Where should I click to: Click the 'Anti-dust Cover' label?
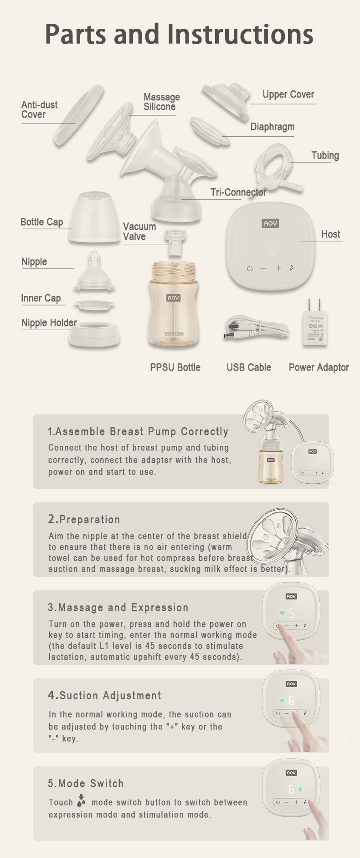click(x=40, y=109)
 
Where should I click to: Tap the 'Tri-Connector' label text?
click(x=238, y=192)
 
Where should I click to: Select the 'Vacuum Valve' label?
click(x=139, y=232)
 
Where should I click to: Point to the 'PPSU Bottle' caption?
click(x=175, y=367)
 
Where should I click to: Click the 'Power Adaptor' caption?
click(x=319, y=367)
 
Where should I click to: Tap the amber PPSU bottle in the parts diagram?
click(x=173, y=304)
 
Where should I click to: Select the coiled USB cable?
click(x=256, y=328)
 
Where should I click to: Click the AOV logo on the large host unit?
click(x=270, y=223)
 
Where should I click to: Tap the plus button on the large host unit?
click(x=278, y=268)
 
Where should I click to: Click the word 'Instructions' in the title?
click(x=240, y=34)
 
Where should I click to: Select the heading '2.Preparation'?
click(x=84, y=519)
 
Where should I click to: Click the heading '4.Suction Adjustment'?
click(x=105, y=695)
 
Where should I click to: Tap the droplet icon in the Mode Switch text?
click(x=81, y=801)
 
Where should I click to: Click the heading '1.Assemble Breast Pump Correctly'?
click(x=138, y=431)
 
